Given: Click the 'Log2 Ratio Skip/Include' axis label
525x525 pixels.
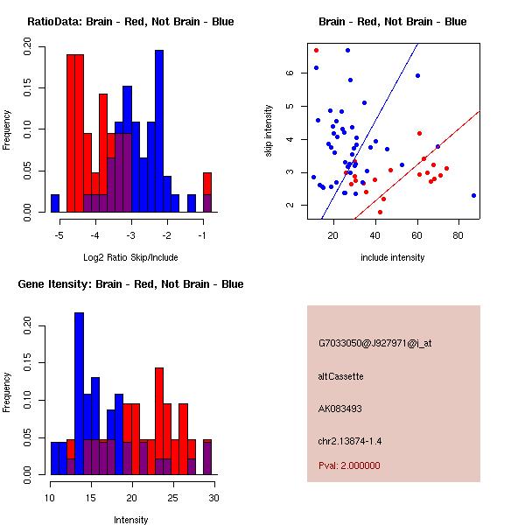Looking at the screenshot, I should [x=130, y=257].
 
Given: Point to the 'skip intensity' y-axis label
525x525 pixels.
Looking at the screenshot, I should [x=269, y=131].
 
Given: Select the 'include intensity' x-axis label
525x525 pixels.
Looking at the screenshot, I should [x=393, y=257].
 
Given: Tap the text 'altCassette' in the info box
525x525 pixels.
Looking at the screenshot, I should [x=340, y=376].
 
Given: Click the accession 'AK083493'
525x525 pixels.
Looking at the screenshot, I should [x=340, y=408].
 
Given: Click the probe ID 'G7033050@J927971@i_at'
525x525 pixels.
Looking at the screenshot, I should [x=374, y=343].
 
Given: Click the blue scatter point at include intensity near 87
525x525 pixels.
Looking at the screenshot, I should [x=473, y=195].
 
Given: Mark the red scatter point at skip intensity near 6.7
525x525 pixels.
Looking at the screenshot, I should [x=316, y=50].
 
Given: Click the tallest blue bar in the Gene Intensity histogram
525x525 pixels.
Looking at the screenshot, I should [x=79, y=394].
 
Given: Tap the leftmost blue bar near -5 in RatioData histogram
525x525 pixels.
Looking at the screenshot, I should [x=55, y=203].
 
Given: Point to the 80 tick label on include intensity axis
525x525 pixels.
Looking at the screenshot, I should [x=458, y=234].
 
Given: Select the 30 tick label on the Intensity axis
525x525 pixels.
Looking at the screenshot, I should [x=213, y=498].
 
